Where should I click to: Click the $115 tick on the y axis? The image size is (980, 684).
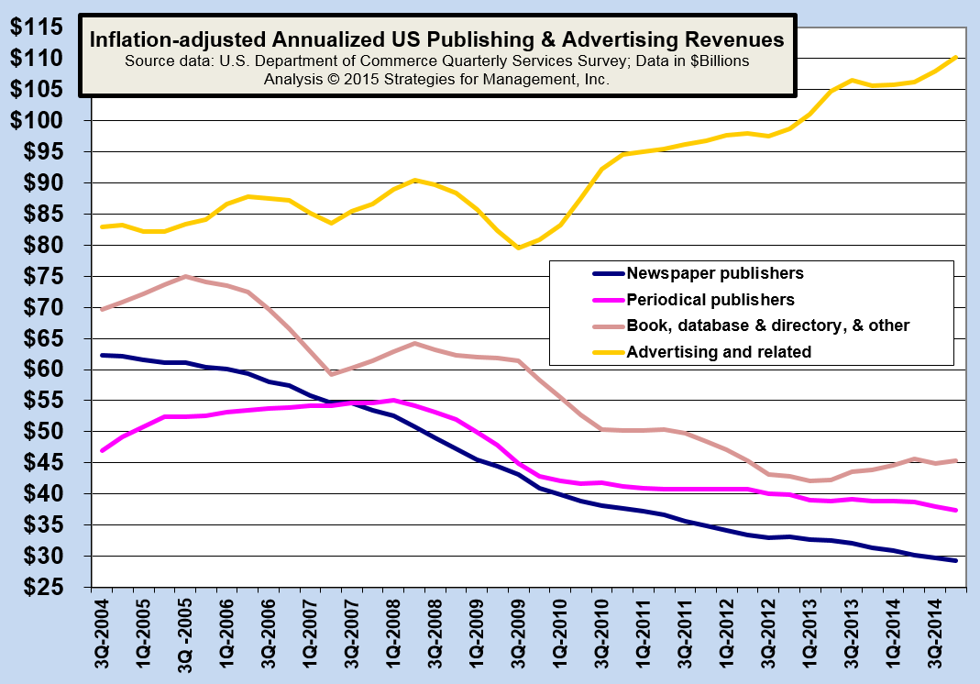(x=38, y=28)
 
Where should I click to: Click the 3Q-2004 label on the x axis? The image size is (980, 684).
(x=104, y=633)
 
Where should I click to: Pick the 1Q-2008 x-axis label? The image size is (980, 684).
(x=387, y=633)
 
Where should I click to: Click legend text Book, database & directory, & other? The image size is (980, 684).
(x=766, y=325)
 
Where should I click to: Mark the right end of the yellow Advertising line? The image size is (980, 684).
(x=957, y=57)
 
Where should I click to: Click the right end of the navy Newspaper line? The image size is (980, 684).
(x=957, y=560)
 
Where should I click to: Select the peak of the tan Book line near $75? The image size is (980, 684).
(x=185, y=276)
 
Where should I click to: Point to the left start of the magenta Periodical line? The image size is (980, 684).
(x=102, y=451)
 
